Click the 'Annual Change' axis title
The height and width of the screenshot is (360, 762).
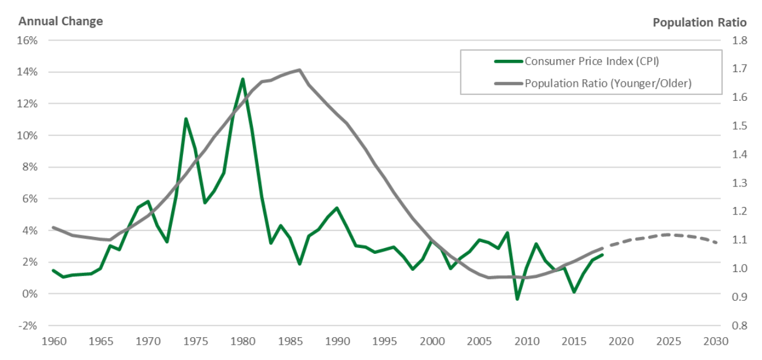click(60, 22)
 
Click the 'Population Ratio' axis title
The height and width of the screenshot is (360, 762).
click(699, 22)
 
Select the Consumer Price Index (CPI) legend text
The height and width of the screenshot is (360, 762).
click(595, 62)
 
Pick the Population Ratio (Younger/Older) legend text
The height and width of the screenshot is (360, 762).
click(608, 83)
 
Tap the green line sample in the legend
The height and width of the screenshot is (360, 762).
click(508, 62)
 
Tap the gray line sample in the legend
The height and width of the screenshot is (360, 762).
click(508, 83)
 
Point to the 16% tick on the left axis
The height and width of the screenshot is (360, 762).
click(29, 41)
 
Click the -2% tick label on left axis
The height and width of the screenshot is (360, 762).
click(29, 325)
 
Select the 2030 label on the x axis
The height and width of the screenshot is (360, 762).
click(716, 341)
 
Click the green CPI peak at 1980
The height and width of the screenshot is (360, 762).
click(242, 79)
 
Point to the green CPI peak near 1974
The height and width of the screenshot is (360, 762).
click(186, 119)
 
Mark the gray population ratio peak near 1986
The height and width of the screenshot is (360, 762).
click(300, 70)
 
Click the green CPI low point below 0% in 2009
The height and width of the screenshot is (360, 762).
click(517, 299)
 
